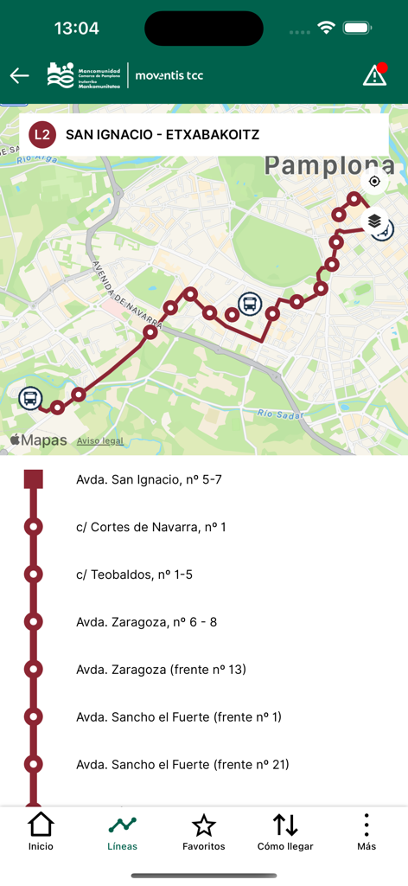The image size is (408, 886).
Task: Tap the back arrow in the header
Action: (19, 76)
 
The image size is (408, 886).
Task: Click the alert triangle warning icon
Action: (374, 75)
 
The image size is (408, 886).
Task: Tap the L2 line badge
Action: (42, 135)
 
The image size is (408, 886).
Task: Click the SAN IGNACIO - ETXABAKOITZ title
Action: (163, 135)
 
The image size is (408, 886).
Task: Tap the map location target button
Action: (374, 182)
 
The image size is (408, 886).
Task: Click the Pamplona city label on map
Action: (329, 166)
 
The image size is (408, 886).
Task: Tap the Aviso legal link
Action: (100, 440)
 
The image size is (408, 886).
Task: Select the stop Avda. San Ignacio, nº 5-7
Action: (149, 479)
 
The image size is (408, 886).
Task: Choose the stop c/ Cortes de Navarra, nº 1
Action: (150, 527)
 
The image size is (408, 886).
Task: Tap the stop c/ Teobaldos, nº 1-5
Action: (134, 575)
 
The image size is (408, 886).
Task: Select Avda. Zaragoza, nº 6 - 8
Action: (146, 622)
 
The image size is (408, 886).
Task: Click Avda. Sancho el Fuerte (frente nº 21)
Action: (182, 765)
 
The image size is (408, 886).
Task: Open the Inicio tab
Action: (41, 832)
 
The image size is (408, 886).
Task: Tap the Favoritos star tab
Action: (204, 832)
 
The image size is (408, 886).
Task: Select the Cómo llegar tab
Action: (285, 832)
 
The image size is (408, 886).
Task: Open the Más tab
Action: (367, 832)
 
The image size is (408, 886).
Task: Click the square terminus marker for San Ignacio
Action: (34, 479)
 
